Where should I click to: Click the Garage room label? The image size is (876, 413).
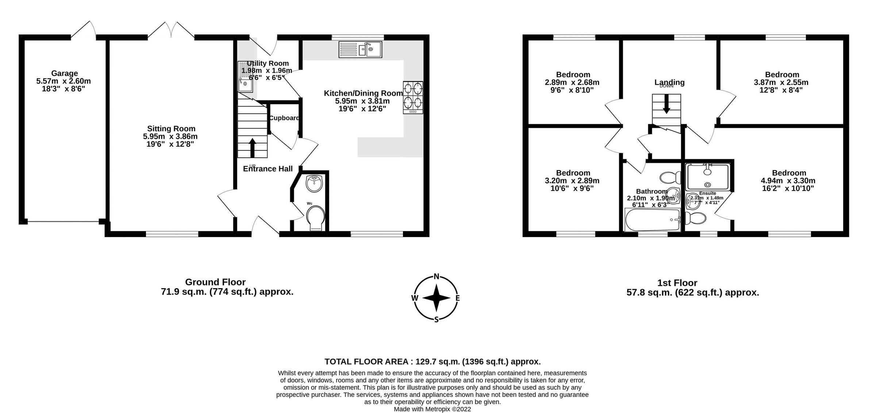[64, 73]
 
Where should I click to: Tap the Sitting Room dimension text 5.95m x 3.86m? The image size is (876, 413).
[170, 137]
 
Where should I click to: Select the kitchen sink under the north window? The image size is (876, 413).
[360, 49]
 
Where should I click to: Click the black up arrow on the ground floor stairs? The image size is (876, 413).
[252, 147]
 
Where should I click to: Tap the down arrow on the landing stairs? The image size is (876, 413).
[666, 104]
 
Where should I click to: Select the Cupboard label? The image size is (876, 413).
[284, 118]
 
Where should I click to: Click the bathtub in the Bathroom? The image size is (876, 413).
[653, 220]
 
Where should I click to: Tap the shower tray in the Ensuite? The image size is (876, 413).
[708, 177]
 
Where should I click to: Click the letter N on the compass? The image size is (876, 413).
[436, 276]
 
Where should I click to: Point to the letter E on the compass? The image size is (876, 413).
[457, 298]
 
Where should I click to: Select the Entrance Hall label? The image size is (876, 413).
[268, 169]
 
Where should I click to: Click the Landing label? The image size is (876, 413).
[669, 82]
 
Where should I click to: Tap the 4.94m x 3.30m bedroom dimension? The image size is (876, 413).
[788, 181]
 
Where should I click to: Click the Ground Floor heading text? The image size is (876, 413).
[215, 282]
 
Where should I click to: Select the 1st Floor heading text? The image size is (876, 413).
[677, 283]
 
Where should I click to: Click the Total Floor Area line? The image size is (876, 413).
[433, 362]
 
